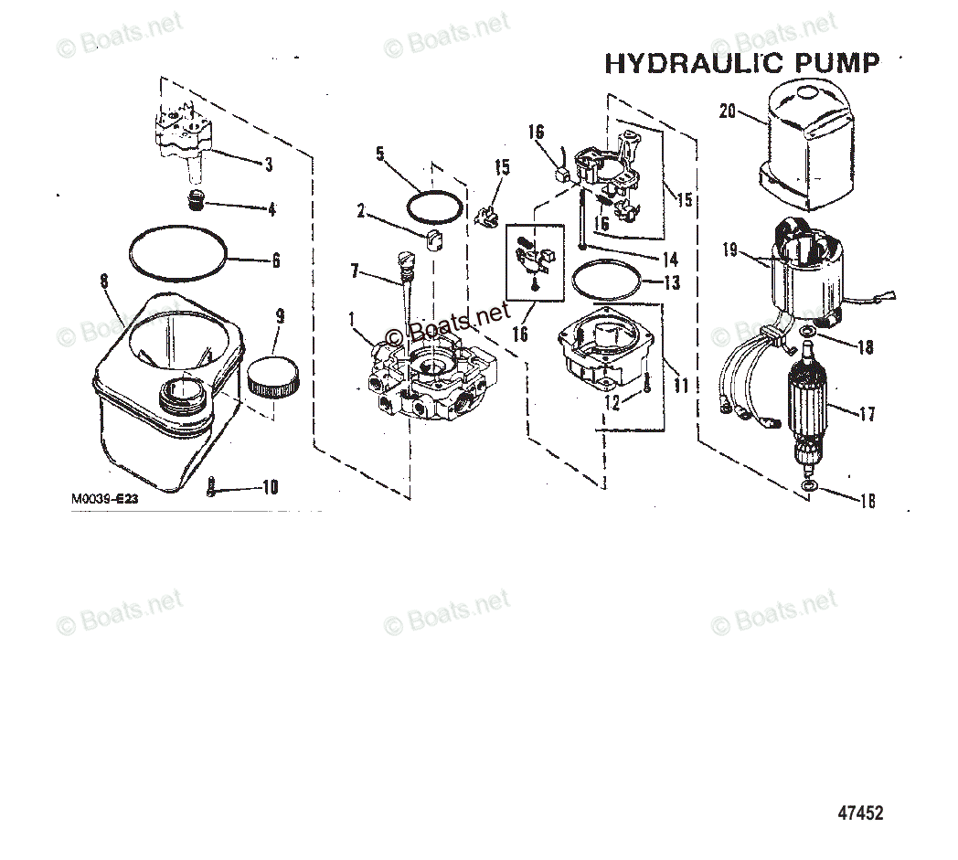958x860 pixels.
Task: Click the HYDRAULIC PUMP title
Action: [741, 63]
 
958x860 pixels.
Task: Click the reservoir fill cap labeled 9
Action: [274, 377]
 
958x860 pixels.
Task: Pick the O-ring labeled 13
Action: [604, 280]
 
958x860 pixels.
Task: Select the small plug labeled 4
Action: [194, 200]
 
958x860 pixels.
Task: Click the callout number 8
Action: [105, 281]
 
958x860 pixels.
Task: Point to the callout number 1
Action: [353, 317]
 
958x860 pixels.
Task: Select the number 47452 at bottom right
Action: [860, 812]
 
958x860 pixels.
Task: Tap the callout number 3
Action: [268, 165]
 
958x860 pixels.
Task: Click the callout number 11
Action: [680, 386]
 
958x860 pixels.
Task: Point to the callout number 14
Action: [671, 259]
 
